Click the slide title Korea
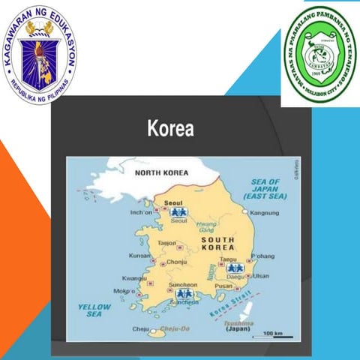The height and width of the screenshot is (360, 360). [x=169, y=128]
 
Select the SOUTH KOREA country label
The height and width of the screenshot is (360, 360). [x=217, y=243]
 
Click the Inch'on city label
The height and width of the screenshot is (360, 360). [x=141, y=212]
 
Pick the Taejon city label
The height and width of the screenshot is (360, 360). [x=166, y=243]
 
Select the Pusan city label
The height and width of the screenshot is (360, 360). [x=223, y=286]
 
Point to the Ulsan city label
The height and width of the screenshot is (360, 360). [x=261, y=276]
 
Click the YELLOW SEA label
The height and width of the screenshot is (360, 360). [x=94, y=310]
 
